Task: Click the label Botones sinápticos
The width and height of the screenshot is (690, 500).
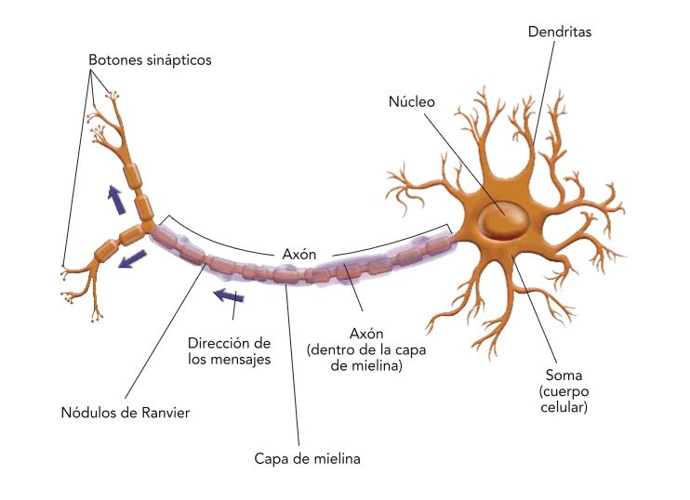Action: (150, 60)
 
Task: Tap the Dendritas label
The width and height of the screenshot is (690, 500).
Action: (559, 32)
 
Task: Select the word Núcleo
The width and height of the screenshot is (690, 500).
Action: (411, 101)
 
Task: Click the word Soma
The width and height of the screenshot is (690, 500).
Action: (564, 375)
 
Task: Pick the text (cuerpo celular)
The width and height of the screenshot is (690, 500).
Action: (564, 400)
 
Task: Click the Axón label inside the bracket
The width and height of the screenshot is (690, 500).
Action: (299, 253)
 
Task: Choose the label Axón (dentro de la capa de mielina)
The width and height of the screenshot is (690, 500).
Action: (360, 349)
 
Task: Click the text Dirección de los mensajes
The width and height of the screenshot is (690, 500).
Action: (229, 351)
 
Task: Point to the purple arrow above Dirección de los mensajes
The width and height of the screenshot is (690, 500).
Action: (228, 296)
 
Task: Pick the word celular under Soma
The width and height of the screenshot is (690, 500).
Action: (564, 407)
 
